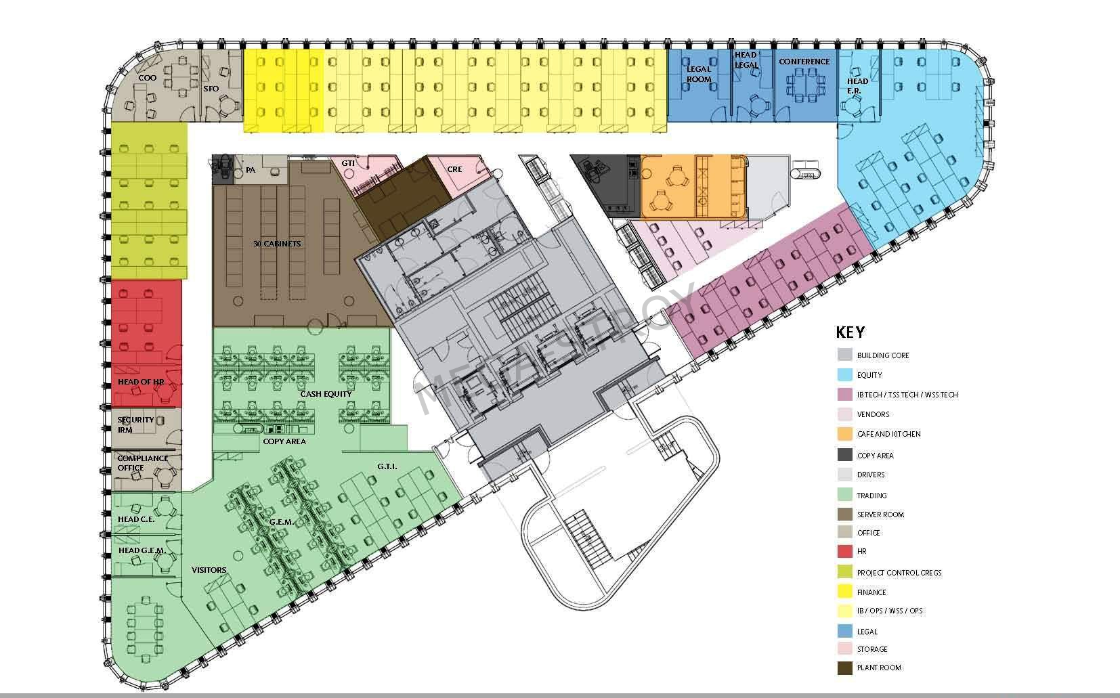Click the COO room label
pos(148,78)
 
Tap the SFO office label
pos(211,89)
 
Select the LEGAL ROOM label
pos(699,74)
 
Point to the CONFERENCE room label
pos(804,62)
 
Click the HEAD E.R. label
pos(857,85)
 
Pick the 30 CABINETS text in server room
pos(277,244)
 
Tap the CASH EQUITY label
pos(326,394)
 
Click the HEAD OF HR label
pos(141,382)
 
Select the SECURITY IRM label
pos(135,424)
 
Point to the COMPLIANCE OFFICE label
pos(142,462)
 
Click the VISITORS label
pos(209,569)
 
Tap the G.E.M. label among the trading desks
pos(282,522)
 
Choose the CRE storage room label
pos(454,169)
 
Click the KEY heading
pos(850,332)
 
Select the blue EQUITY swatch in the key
pos(844,374)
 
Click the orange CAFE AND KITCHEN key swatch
pos(844,433)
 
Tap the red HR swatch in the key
pos(844,551)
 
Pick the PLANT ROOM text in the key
pos(879,668)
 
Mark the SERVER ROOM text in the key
pos(880,515)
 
